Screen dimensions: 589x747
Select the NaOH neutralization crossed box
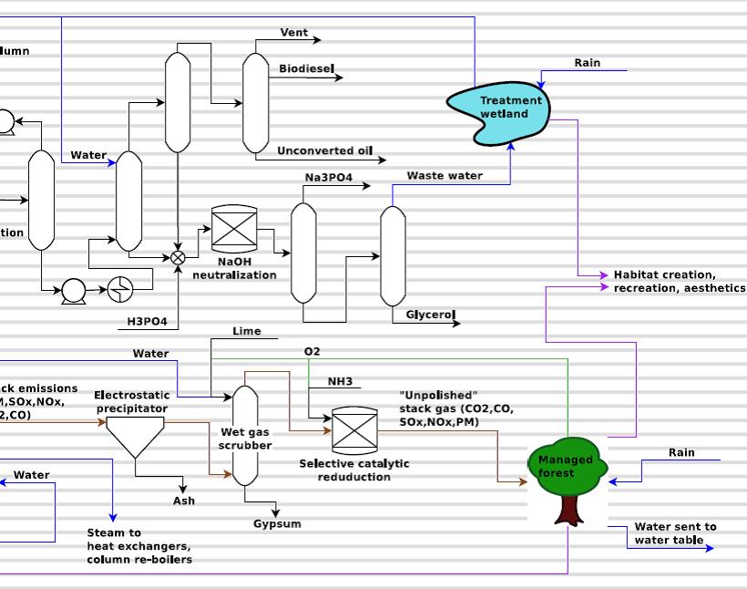point(234,229)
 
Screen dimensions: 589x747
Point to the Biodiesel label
point(306,68)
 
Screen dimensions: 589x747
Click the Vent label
point(293,33)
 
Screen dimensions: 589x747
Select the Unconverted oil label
point(325,150)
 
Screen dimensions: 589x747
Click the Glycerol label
point(430,315)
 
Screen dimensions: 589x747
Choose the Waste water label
point(445,175)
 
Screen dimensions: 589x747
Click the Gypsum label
point(277,523)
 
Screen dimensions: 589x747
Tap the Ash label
point(184,501)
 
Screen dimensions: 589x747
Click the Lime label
point(246,331)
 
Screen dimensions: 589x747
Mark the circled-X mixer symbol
point(178,258)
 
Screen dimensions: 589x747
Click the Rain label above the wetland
point(588,63)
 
